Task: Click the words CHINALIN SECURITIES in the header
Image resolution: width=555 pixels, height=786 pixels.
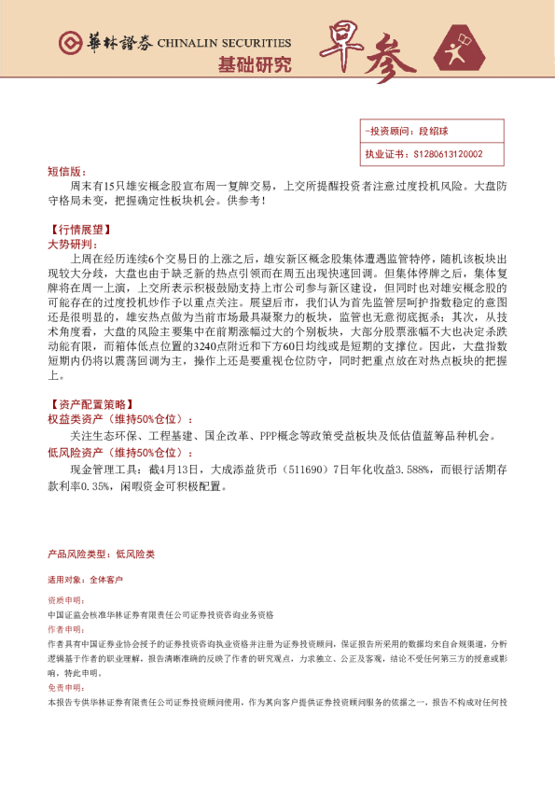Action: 225,43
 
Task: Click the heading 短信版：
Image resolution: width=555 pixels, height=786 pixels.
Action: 64,172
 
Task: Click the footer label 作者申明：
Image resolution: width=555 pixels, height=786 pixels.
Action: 64,631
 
